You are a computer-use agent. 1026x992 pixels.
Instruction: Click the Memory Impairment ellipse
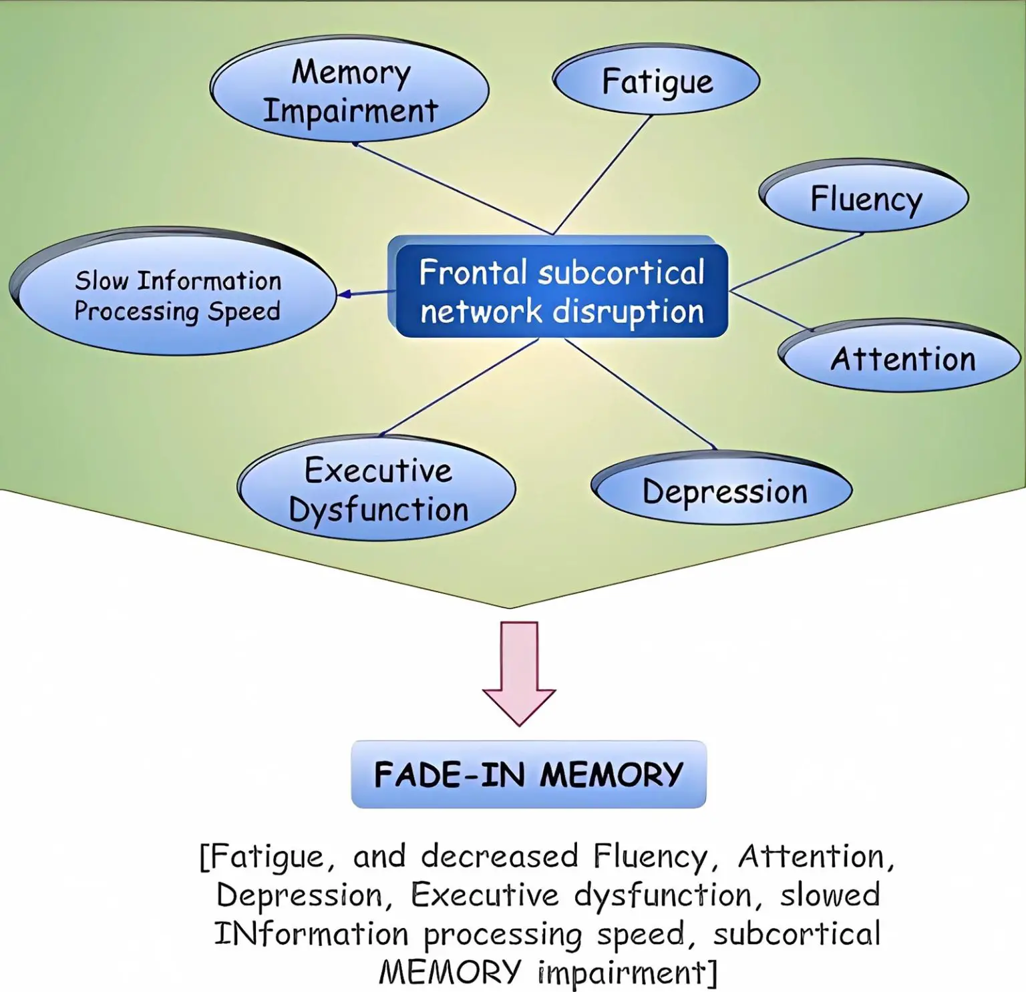click(x=350, y=90)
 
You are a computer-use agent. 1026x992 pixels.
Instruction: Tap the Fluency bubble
click(x=866, y=198)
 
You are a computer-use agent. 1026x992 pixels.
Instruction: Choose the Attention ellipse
click(x=902, y=358)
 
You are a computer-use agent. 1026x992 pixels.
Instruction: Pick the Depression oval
click(x=724, y=491)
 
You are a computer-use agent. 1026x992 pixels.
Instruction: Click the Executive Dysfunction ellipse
click(x=378, y=490)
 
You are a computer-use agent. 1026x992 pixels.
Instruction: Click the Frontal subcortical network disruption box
click(x=561, y=292)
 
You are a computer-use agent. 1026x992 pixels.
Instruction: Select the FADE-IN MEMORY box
click(x=528, y=774)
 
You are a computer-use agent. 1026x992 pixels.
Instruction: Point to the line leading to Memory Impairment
click(x=454, y=189)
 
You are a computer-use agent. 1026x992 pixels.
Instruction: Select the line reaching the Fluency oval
click(x=798, y=262)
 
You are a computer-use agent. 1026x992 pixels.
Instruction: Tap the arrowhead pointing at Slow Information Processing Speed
click(x=345, y=294)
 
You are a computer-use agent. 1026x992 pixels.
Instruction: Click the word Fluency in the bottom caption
click(x=649, y=857)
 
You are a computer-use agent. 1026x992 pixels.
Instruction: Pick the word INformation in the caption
click(x=311, y=933)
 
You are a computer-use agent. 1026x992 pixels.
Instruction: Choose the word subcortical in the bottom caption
click(x=796, y=933)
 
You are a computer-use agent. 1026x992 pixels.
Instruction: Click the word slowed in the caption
click(x=830, y=895)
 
